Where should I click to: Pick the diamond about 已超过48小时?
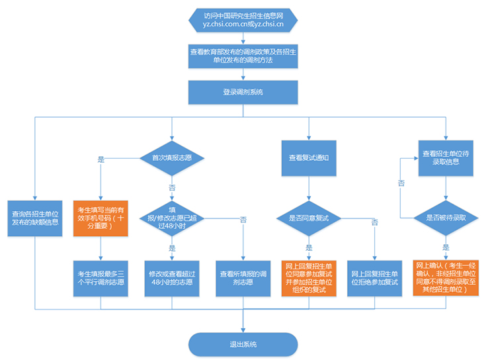point(172,217)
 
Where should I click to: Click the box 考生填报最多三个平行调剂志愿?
point(101,278)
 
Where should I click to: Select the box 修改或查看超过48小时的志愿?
point(172,278)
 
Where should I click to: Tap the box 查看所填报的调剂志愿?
point(243,278)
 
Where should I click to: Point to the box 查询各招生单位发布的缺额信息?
point(35,218)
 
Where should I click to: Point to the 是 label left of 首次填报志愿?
point(101,159)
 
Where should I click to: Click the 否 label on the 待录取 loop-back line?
point(401,183)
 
